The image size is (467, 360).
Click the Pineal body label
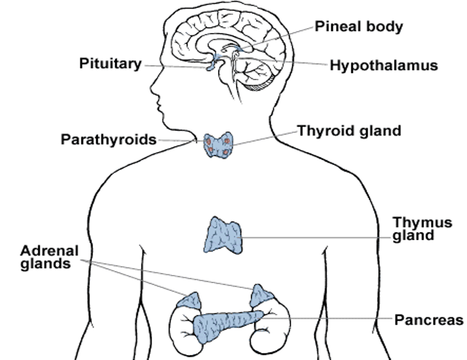coord(358,27)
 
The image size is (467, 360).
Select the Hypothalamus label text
coord(384,65)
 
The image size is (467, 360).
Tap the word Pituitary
coord(111,63)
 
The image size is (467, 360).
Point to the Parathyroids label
coord(108,139)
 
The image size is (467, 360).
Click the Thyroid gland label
coord(349,131)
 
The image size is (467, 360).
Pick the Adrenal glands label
coord(50,258)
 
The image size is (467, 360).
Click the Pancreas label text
coord(429,320)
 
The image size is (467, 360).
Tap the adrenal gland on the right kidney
coord(261,296)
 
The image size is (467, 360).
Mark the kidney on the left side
coord(183,326)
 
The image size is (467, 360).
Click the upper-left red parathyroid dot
coord(209,142)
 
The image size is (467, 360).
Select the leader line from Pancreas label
coord(335,319)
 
